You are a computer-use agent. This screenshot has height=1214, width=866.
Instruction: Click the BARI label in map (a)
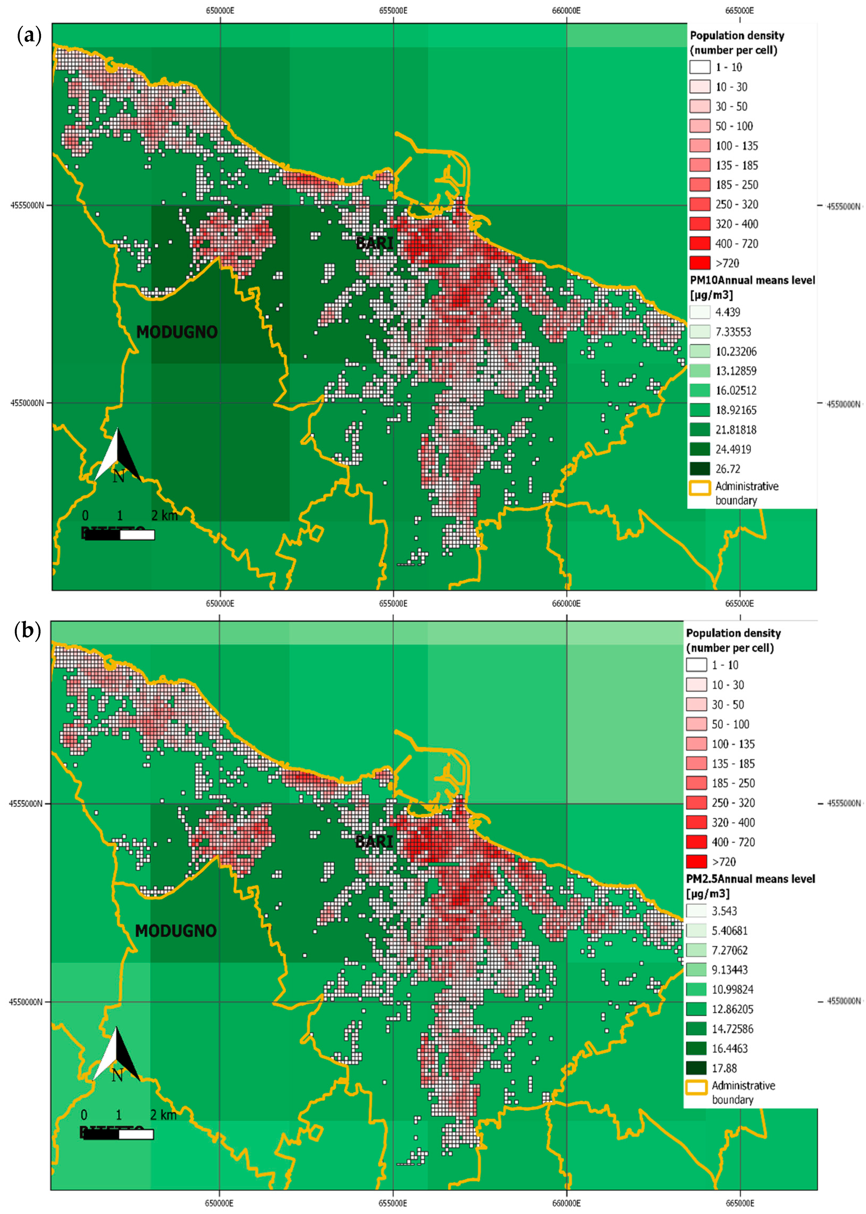(x=375, y=243)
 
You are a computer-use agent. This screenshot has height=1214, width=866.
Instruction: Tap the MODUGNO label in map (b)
(x=176, y=931)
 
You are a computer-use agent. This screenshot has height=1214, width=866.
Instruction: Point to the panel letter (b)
(x=28, y=631)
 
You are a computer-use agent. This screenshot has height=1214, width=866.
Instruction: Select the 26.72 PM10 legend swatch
(x=700, y=469)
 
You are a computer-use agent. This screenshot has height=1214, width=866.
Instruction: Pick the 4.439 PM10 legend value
(x=727, y=312)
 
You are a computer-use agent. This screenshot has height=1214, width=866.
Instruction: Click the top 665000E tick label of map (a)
(x=739, y=10)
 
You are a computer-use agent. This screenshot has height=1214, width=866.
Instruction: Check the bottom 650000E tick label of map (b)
(x=219, y=1203)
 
